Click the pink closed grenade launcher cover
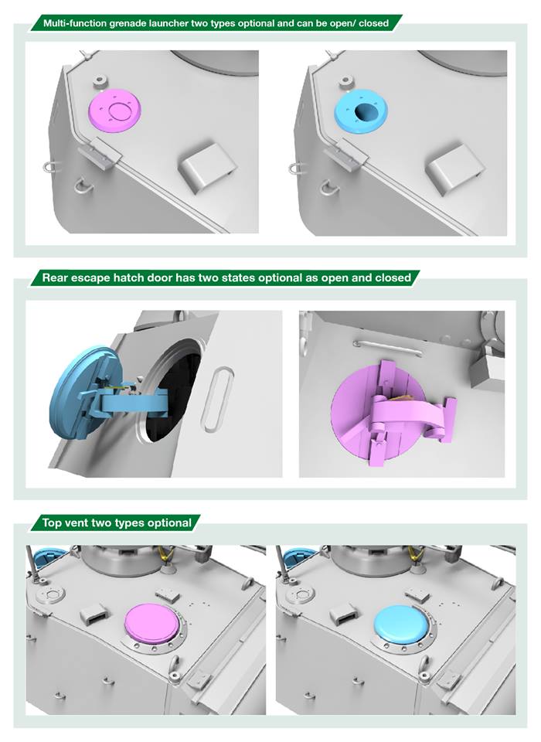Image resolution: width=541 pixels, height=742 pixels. pyautogui.click(x=115, y=111)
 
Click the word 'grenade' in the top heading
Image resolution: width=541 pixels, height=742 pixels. pyautogui.click(x=128, y=23)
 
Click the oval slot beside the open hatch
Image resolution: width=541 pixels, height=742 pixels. pyautogui.click(x=218, y=399)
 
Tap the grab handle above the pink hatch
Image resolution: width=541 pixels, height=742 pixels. pyautogui.click(x=388, y=348)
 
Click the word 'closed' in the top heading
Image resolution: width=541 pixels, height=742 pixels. pyautogui.click(x=373, y=23)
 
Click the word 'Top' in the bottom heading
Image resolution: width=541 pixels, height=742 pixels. pyautogui.click(x=51, y=523)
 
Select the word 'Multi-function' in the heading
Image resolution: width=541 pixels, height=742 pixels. pyautogui.click(x=75, y=23)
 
